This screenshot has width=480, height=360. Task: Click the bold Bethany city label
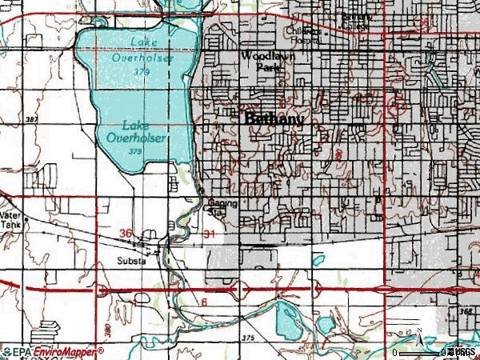[274, 119]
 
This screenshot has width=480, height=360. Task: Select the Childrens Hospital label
[303, 34]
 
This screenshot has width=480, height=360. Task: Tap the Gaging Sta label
[224, 208]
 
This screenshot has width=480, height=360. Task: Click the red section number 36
[125, 233]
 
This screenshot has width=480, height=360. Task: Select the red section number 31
[210, 234]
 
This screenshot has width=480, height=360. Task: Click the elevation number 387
[31, 119]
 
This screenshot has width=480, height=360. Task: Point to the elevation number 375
[247, 339]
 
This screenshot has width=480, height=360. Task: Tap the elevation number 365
[466, 308]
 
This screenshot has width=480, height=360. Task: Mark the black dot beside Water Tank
[26, 218]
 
